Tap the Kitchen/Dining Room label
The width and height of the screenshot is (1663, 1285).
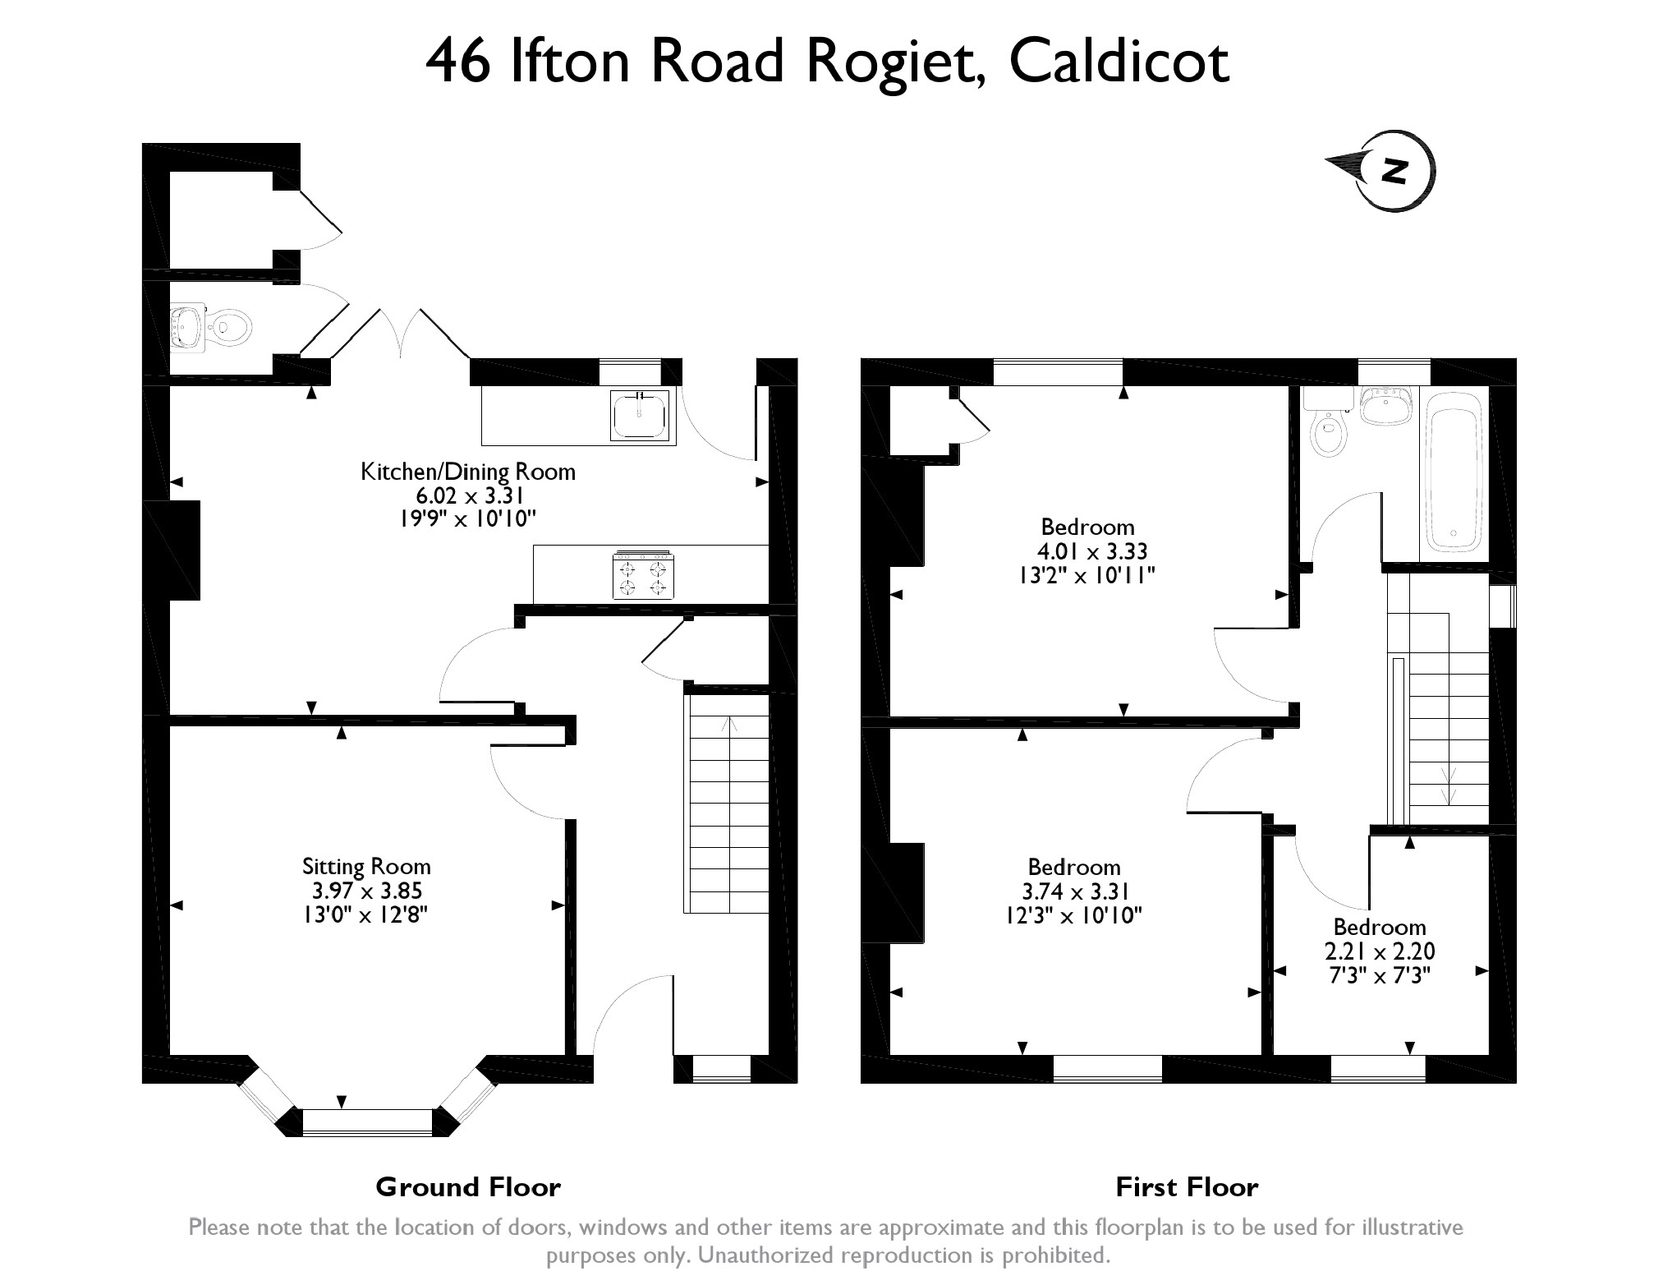point(468,472)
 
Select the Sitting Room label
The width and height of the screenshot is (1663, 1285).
point(366,866)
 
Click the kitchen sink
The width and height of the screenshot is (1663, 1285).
point(640,414)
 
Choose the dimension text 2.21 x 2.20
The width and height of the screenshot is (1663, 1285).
point(1380,951)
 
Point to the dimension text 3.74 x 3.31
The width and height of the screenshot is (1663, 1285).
point(1074,891)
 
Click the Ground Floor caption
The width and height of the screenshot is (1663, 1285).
point(468,1186)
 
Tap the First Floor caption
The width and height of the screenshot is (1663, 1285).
point(1187,1186)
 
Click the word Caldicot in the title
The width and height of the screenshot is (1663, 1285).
point(1119,62)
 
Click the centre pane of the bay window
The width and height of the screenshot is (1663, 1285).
point(367,1121)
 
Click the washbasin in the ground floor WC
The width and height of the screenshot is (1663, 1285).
point(187,328)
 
